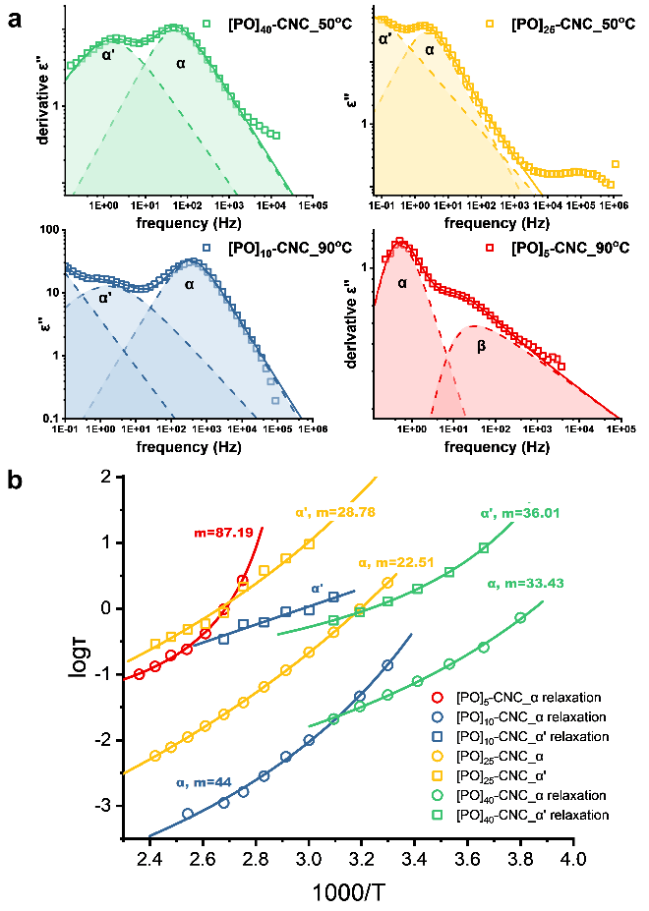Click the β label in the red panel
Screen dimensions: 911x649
point(482,346)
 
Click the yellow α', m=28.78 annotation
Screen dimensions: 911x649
point(335,512)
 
